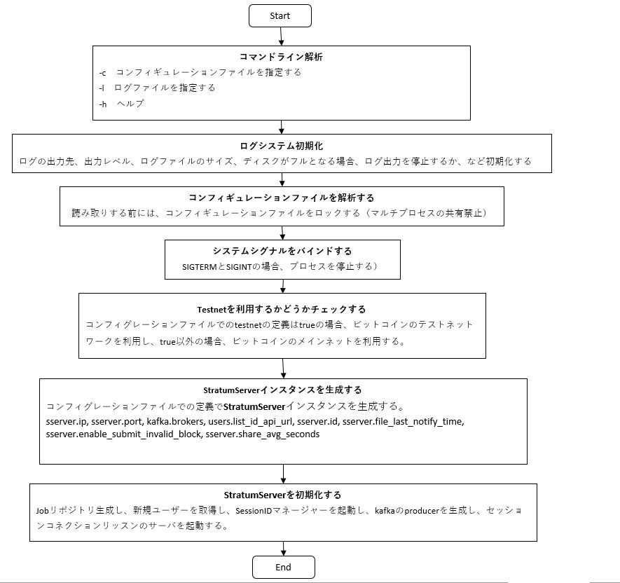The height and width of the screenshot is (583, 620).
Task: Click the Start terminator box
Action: coord(280,16)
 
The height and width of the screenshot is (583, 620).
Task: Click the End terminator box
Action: coord(284,567)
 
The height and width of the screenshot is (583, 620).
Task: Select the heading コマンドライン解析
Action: coord(281,57)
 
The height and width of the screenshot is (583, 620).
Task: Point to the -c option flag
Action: coord(102,73)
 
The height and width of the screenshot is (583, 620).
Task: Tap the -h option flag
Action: coord(103,104)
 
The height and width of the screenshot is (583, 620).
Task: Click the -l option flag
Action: coord(102,88)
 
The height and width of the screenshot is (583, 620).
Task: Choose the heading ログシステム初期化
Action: coord(281,146)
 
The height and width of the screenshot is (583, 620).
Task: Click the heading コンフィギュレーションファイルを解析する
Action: coord(281,198)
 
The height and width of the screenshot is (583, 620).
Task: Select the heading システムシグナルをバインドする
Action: coord(282,251)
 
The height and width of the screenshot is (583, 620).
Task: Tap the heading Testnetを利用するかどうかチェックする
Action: coord(282,309)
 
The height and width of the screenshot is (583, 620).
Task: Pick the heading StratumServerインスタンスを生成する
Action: coord(282,390)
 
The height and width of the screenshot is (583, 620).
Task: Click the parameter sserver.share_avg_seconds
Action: coord(263,434)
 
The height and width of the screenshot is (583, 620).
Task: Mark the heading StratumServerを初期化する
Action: coord(282,495)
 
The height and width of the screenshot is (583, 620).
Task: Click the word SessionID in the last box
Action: coord(254,511)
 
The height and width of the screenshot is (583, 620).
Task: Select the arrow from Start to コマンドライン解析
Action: coord(281,36)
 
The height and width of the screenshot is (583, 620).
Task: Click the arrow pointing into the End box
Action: coord(284,549)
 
